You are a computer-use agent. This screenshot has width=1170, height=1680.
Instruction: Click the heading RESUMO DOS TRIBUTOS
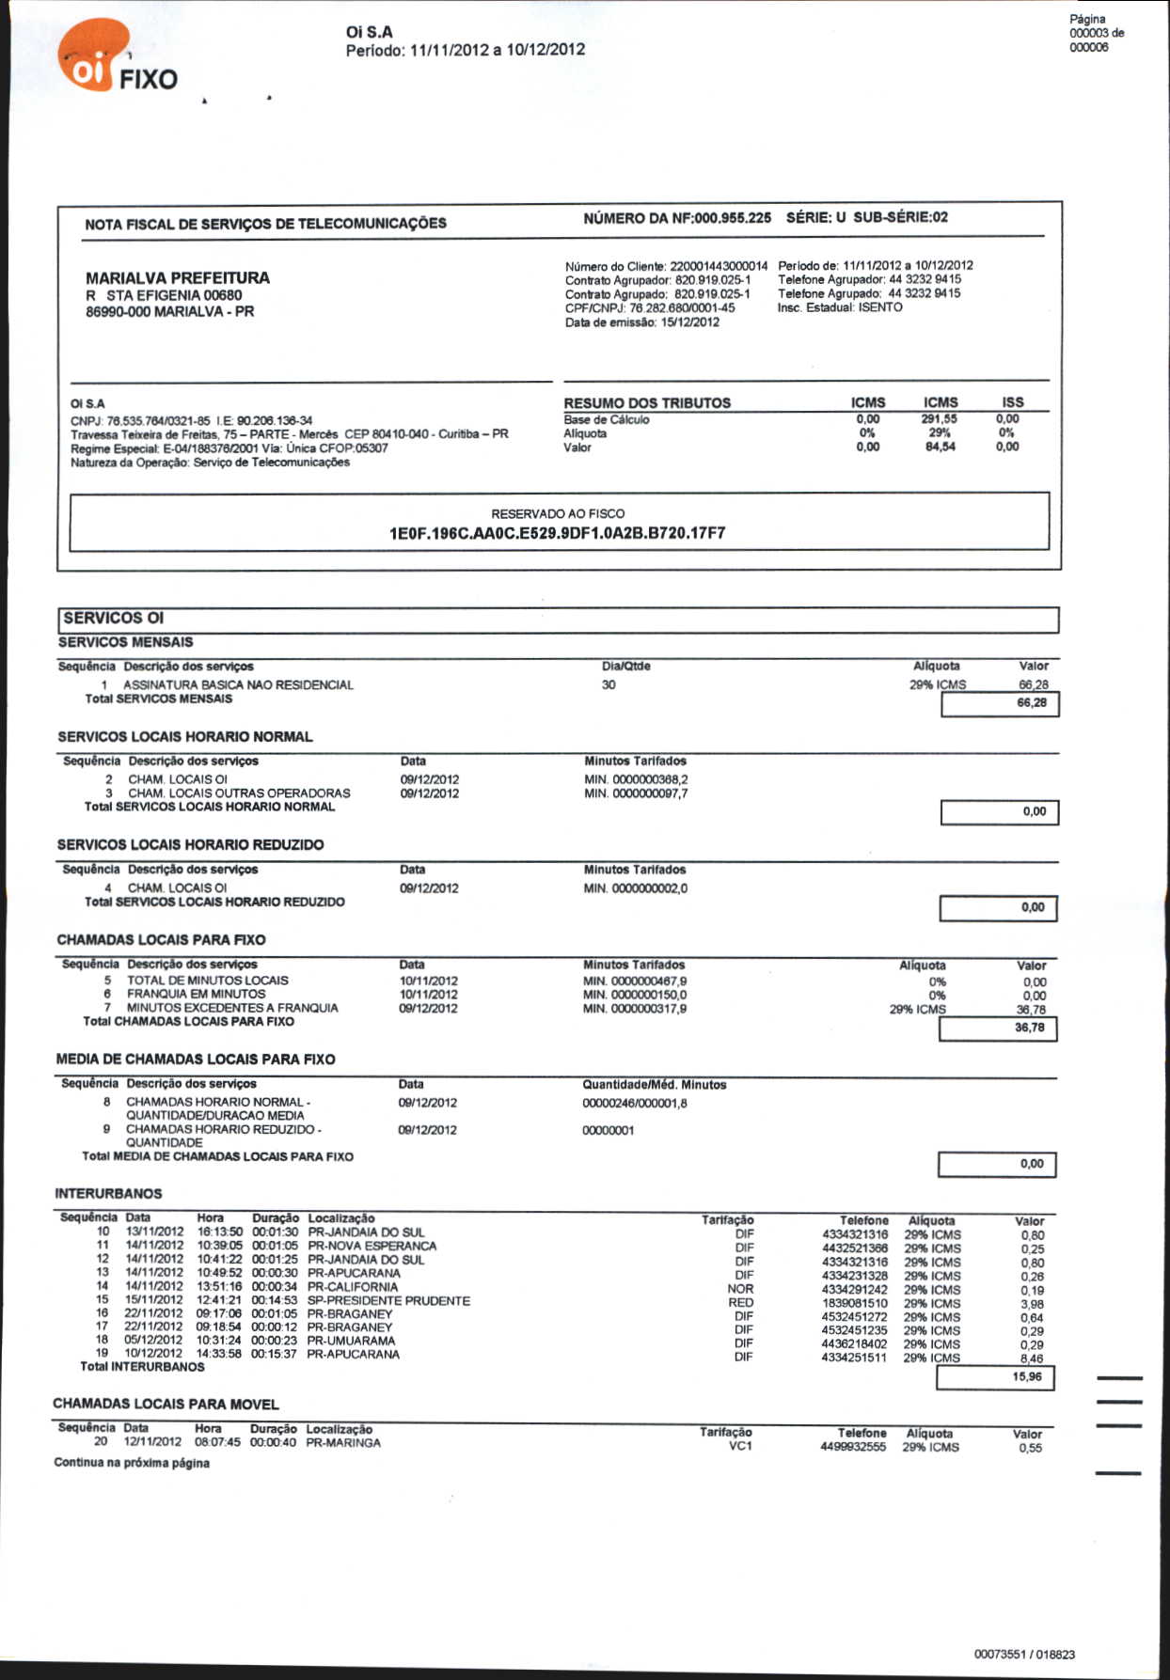(x=647, y=402)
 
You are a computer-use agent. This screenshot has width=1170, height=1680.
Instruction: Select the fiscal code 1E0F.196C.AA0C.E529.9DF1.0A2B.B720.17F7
(x=558, y=533)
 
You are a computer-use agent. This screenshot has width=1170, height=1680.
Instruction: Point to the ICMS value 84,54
(x=940, y=447)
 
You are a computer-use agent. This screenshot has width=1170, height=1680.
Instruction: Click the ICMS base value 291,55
(x=940, y=419)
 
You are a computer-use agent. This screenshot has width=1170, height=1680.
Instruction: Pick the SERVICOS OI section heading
(x=114, y=618)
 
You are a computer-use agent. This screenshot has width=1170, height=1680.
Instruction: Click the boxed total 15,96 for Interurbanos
(x=1027, y=1376)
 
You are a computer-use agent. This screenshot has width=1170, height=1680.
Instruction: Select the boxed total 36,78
(x=1030, y=1028)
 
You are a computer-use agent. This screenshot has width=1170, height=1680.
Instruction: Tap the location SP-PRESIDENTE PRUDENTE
(x=388, y=1300)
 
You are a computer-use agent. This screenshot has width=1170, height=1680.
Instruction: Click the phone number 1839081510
(x=855, y=1303)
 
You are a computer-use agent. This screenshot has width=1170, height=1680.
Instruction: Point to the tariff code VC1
(x=740, y=1446)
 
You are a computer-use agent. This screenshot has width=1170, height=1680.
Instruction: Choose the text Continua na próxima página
(x=132, y=1463)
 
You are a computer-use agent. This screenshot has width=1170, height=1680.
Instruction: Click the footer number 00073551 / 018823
(x=1024, y=1654)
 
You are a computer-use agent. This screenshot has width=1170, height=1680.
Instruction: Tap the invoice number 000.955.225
(x=733, y=217)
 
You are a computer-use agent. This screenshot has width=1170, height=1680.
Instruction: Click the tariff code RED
(x=740, y=1302)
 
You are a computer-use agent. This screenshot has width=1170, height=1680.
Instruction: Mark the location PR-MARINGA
(x=343, y=1442)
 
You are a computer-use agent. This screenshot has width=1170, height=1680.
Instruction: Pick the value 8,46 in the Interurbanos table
(x=1032, y=1358)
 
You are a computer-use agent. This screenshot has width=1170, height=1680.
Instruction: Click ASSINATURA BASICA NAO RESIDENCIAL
(x=238, y=684)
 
